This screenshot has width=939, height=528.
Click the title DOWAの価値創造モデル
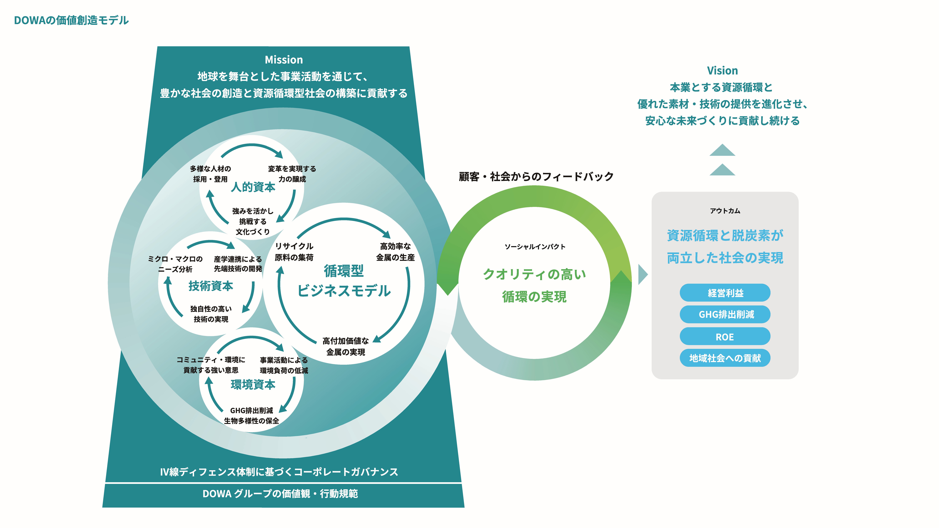coord(71,20)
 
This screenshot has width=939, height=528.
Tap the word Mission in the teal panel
coord(284,60)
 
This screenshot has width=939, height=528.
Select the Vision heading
coord(722,71)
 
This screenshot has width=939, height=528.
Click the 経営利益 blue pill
coord(725,293)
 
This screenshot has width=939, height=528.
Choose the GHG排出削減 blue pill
coord(725,314)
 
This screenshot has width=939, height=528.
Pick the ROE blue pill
coord(725,337)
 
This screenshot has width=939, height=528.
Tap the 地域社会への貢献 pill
coord(725,358)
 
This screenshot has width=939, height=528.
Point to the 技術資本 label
coord(211,286)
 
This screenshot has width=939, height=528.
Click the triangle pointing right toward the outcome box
coord(643,274)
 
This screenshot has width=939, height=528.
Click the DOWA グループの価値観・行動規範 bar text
coord(280,494)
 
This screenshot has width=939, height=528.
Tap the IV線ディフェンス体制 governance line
coord(279,472)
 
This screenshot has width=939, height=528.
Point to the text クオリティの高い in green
coord(534,274)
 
